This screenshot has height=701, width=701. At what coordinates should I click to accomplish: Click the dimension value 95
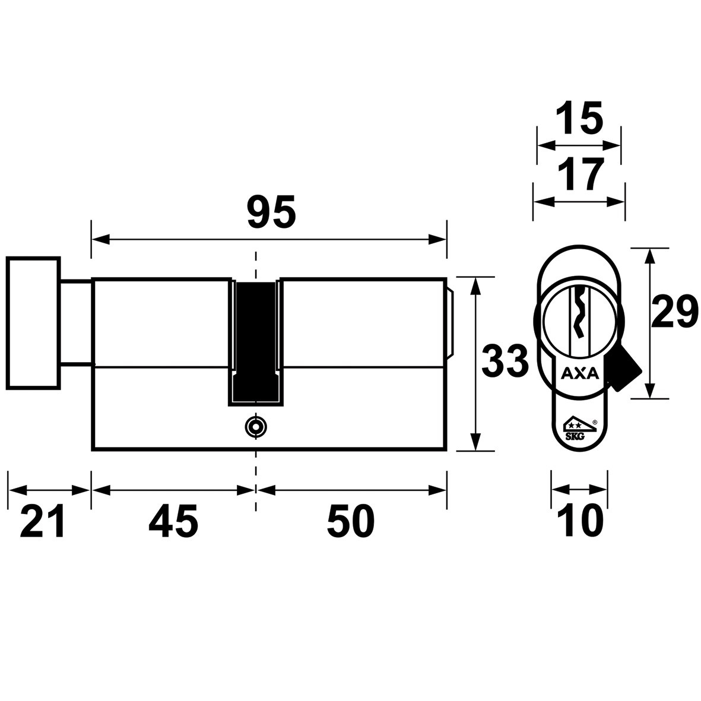(x=271, y=211)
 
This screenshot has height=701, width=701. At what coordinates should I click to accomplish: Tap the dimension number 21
(x=43, y=521)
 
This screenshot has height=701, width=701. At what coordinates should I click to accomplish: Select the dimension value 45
(x=173, y=521)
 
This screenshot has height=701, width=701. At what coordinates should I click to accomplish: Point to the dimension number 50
(x=351, y=521)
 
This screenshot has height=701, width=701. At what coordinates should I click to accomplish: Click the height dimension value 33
(x=505, y=360)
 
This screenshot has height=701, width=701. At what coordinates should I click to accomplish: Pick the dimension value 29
(x=674, y=312)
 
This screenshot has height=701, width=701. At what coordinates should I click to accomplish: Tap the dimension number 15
(x=579, y=118)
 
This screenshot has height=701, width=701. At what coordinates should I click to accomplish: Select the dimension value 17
(x=581, y=175)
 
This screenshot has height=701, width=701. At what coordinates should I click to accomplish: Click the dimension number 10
(x=581, y=521)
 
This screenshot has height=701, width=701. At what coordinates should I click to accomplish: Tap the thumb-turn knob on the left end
(x=33, y=323)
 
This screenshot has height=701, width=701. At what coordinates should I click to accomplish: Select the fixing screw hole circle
(x=256, y=427)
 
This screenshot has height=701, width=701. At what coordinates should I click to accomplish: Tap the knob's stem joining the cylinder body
(x=76, y=322)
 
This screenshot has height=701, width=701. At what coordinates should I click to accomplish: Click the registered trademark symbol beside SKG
(x=595, y=421)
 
